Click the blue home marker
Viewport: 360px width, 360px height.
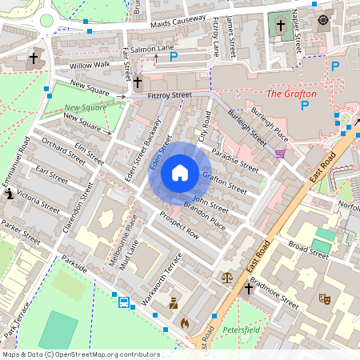point(180,173)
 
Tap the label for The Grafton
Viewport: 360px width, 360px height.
point(291,94)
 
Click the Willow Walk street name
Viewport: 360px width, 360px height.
point(90,66)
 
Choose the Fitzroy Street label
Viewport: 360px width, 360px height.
point(170,95)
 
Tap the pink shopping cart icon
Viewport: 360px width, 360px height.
point(279,153)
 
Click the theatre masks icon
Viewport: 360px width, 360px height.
point(325,298)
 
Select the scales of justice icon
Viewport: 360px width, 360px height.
point(227,278)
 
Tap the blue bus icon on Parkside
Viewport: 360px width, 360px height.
point(124,302)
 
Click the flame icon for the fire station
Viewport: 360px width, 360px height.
point(185,324)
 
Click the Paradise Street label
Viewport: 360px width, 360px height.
point(235,163)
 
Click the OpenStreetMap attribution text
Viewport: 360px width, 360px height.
point(80,354)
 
